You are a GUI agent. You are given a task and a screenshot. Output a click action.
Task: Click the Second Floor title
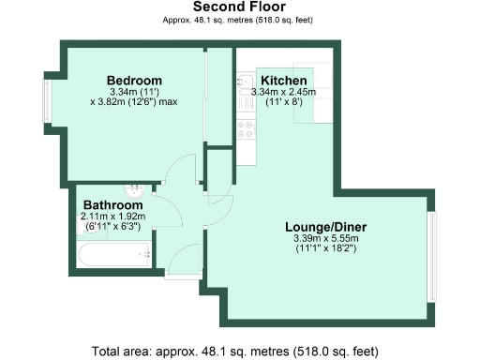[x=239, y=7]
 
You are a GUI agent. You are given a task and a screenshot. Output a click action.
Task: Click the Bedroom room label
[x=133, y=80]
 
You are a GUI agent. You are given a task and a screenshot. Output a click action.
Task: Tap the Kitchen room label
[x=283, y=80]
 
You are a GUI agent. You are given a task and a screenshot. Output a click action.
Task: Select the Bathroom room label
[x=112, y=204]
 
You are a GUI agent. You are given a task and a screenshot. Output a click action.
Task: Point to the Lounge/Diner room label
[x=325, y=227]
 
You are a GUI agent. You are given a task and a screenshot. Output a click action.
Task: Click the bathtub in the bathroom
[x=112, y=253]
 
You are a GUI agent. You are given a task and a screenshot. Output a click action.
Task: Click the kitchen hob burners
[x=247, y=130]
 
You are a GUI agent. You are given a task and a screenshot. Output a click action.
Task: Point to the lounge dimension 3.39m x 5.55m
[x=325, y=239]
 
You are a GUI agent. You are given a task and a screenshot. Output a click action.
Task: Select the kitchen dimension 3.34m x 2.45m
[x=283, y=92]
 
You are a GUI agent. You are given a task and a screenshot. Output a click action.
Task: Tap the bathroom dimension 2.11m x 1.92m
[x=112, y=216]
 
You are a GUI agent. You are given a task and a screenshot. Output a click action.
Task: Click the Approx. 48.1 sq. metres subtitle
[x=239, y=20]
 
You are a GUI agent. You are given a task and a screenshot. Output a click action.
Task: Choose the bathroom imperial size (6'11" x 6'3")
[x=112, y=226]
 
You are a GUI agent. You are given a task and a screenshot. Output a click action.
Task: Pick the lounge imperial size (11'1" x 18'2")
[x=325, y=250]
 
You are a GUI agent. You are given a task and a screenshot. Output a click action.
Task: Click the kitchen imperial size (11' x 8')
[x=283, y=102]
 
